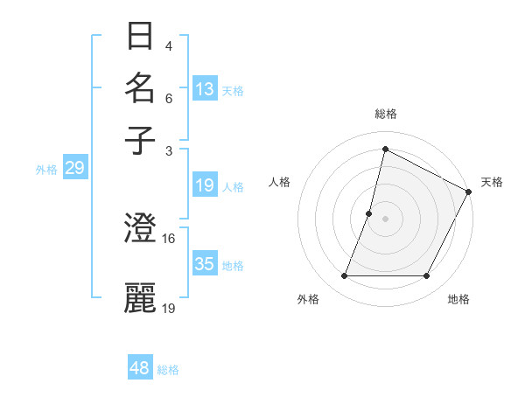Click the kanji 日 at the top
click(x=141, y=38)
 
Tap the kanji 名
click(x=141, y=88)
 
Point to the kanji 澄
click(x=141, y=230)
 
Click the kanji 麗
click(x=141, y=297)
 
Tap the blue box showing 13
click(x=205, y=89)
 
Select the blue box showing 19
click(x=205, y=185)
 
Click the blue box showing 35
click(x=205, y=264)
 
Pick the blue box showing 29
click(x=74, y=169)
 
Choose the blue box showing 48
click(x=140, y=368)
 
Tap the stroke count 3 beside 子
click(x=169, y=150)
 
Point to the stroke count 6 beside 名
click(x=169, y=100)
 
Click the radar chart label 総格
click(x=385, y=114)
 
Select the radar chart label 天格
click(x=492, y=182)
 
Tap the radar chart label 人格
click(x=280, y=182)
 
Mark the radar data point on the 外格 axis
click(x=344, y=276)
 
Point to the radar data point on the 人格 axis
click(x=369, y=213)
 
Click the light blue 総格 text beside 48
click(x=168, y=370)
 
